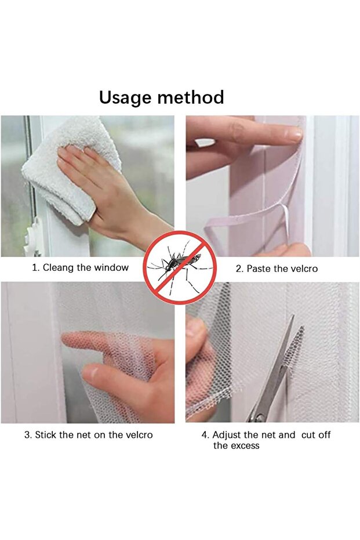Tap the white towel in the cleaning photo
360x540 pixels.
[64, 168]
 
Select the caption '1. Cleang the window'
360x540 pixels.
[80, 268]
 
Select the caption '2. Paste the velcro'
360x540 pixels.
[277, 269]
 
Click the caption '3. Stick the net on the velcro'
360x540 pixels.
[88, 434]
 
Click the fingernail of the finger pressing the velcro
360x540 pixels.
[293, 135]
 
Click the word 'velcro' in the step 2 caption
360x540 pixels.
[304, 269]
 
